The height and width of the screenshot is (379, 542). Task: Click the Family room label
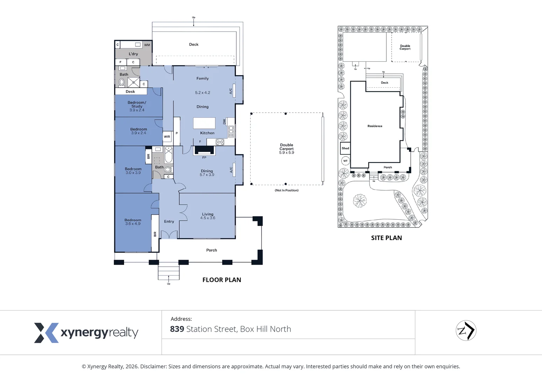click(202, 79)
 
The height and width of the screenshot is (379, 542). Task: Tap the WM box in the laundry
click(147, 45)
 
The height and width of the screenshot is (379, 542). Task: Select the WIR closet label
click(167, 137)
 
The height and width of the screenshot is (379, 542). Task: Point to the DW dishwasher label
click(224, 122)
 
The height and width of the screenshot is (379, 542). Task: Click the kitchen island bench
click(204, 123)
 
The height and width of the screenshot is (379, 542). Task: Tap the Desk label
click(130, 92)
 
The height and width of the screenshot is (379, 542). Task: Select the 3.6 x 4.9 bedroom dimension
click(133, 224)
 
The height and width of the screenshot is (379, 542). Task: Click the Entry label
click(169, 221)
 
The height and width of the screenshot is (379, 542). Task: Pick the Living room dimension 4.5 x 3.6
click(208, 218)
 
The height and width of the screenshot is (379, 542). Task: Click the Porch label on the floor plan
click(211, 250)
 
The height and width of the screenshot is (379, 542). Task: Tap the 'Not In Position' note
click(286, 190)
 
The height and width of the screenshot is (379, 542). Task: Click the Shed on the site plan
click(345, 148)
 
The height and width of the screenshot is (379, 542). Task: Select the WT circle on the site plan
click(345, 161)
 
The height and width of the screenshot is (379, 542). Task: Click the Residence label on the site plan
click(375, 126)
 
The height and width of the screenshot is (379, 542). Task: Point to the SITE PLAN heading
click(386, 238)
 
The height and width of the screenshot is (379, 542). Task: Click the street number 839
click(177, 329)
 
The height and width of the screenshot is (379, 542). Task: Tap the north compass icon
click(466, 331)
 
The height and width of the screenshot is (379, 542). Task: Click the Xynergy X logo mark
click(46, 333)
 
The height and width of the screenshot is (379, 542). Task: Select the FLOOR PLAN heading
click(222, 280)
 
